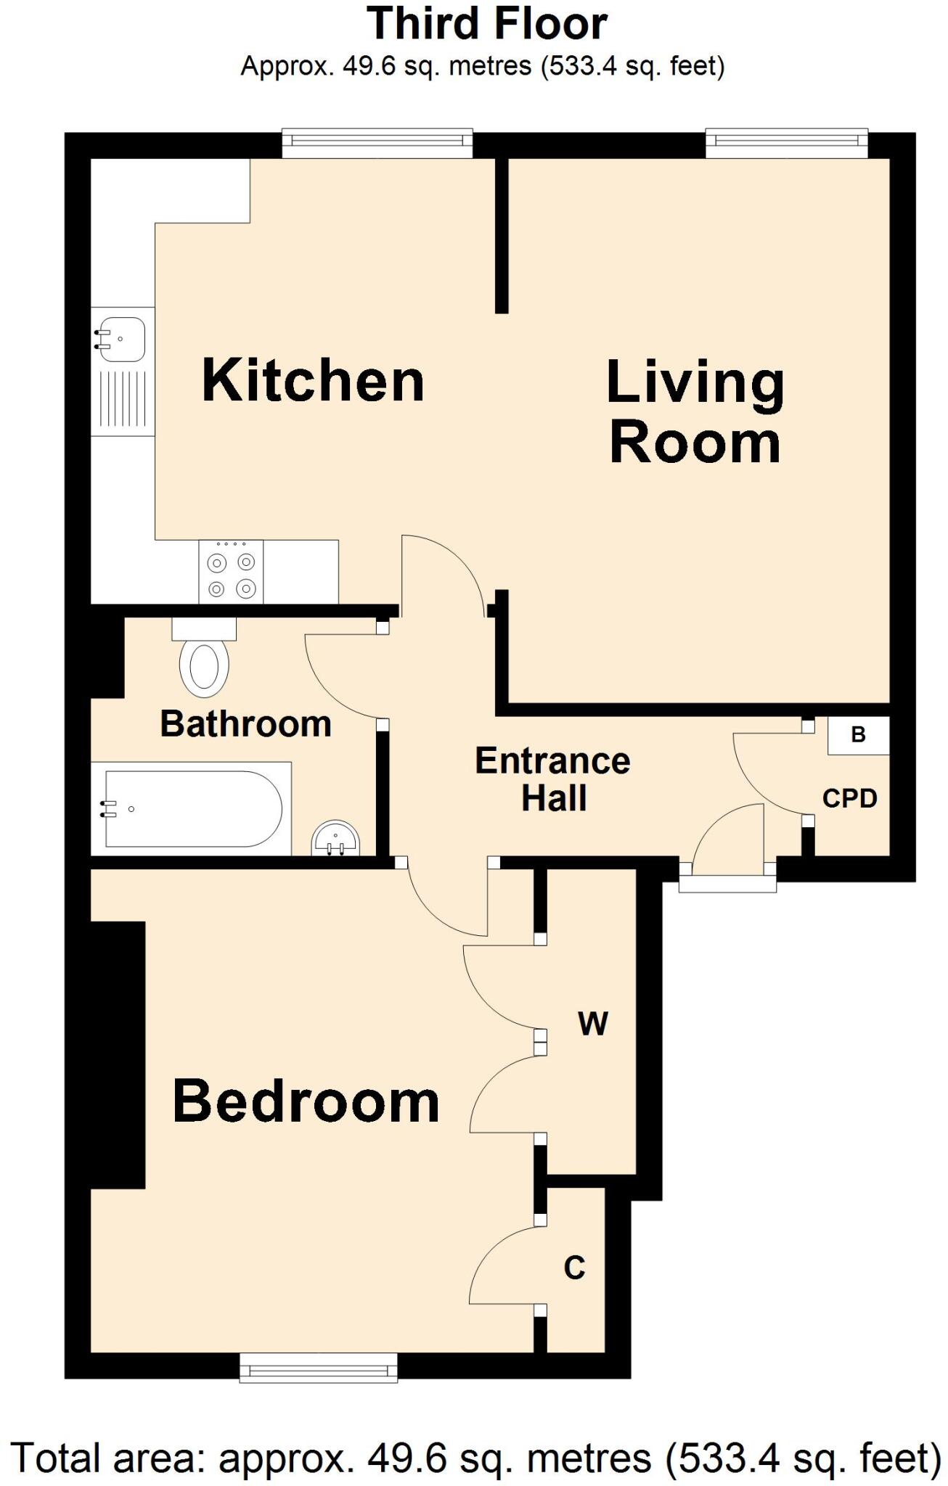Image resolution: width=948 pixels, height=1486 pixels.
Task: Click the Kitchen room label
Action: (313, 380)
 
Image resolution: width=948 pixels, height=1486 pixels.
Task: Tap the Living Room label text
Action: (695, 412)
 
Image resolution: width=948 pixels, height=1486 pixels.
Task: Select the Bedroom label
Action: (306, 1101)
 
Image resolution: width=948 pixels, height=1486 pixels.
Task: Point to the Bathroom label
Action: (245, 724)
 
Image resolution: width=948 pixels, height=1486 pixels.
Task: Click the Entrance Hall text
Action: (552, 779)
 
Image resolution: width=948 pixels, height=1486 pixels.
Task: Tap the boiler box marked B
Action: (859, 735)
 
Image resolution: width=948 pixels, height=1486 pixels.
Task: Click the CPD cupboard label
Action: (849, 798)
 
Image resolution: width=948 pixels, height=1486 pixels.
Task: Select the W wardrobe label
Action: (592, 1024)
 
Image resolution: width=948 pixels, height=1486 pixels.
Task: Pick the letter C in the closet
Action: (574, 1268)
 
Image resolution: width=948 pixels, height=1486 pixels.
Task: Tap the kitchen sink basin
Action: (121, 339)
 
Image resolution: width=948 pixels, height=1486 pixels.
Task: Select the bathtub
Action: (192, 808)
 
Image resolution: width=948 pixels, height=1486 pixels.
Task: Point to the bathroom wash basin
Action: (335, 840)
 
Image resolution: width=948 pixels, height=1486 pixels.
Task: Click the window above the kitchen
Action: (377, 143)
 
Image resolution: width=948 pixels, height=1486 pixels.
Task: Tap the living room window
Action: (786, 143)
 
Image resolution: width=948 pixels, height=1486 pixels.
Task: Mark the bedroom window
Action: (319, 1367)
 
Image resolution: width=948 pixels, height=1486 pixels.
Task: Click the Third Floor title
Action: (487, 23)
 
